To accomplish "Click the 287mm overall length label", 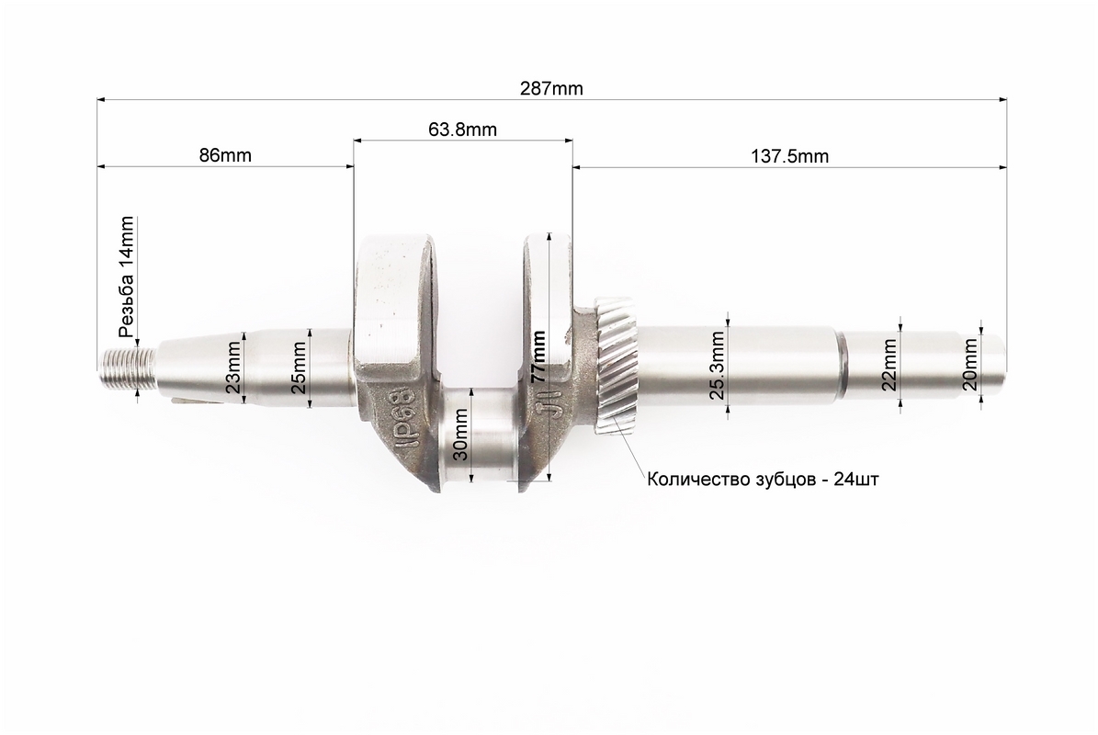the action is pos(551,88).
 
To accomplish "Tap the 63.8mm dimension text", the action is pos(462,130).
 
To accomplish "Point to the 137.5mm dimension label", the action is pos(789,156).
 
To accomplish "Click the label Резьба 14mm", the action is pos(126,277).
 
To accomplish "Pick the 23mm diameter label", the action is pos(234,367).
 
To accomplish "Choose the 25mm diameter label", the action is pos(299,367).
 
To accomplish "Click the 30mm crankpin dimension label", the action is pos(460,434).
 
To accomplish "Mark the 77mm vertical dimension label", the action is pos(538,356).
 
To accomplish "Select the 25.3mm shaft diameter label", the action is pos(717,365).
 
